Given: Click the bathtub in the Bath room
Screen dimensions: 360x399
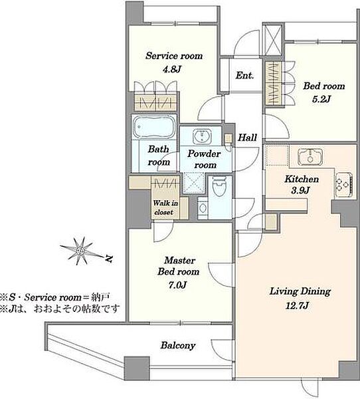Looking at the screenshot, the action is tap(154, 127).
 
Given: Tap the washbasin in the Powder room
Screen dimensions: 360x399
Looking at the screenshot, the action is tap(202, 136).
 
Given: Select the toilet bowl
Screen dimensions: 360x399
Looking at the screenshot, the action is tap(219, 187).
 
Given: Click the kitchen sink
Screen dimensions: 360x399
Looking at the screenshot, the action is tap(310, 156).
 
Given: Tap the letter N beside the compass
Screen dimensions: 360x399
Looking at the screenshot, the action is tap(109, 259).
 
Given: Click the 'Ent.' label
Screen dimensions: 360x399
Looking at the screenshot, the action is tap(244, 75).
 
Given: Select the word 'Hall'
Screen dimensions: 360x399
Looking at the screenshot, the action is tap(247, 138).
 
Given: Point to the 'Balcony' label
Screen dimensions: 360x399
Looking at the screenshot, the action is tap(178, 346).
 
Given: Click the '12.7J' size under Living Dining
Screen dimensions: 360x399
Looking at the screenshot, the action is tap(297, 305).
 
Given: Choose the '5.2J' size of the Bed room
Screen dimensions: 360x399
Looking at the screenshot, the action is tap(321, 99).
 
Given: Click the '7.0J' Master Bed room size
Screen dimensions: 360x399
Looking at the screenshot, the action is tap(178, 285).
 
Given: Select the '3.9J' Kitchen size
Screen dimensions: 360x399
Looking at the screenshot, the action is tap(300, 190).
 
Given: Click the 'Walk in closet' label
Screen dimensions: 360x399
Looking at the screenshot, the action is tap(165, 207).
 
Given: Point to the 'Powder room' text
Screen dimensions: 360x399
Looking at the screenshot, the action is tap(204, 160).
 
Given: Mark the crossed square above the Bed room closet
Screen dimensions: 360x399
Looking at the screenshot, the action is tap(273, 39).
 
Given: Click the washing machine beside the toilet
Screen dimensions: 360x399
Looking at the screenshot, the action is tap(203, 207).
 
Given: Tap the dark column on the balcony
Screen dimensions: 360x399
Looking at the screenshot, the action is tap(137, 368).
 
